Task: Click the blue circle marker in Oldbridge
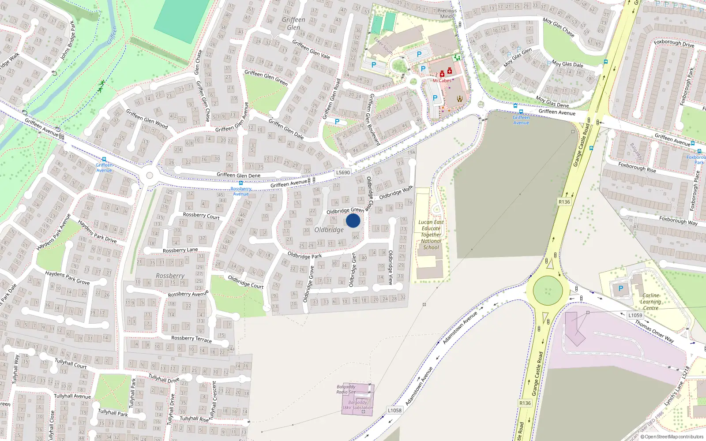pos(353,220)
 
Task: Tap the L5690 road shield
pos(343,172)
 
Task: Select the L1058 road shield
pos(394,410)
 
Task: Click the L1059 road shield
pos(635,315)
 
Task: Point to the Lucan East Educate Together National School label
pos(431,235)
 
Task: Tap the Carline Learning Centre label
pos(650,302)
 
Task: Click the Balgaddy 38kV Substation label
pos(357,405)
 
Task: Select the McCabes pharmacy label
pos(442,81)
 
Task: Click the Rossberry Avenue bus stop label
pos(241,191)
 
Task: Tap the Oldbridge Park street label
pos(304,255)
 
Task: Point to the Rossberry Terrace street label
pos(192,339)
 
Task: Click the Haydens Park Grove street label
pos(67,278)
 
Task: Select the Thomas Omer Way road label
pos(654,331)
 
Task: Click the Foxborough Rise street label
pos(637,167)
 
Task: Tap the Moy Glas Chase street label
pos(559,27)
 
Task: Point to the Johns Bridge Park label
pos(68,41)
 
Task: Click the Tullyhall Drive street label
pos(164,378)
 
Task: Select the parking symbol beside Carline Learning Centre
pos(621,288)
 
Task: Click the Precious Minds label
pos(447,13)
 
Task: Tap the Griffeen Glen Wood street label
pos(147,119)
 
